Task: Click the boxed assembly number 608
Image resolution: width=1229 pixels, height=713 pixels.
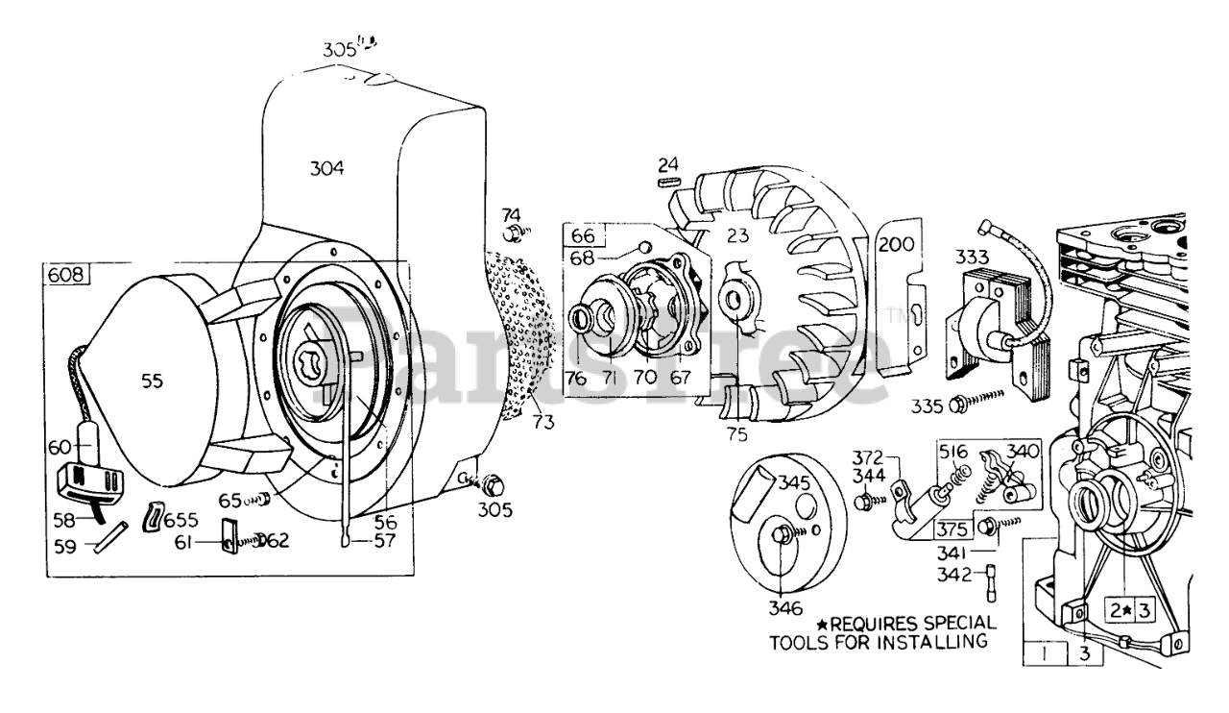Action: [x=66, y=274]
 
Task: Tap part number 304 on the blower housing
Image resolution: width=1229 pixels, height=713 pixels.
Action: [x=327, y=168]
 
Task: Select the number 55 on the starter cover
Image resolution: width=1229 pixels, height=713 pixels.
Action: [x=152, y=381]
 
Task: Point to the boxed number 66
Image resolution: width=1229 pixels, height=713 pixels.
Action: [x=583, y=235]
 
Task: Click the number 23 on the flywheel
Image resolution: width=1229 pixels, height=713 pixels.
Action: [x=738, y=235]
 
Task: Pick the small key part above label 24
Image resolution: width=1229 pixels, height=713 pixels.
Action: [x=669, y=182]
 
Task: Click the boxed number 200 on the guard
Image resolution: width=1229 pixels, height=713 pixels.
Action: [x=897, y=244]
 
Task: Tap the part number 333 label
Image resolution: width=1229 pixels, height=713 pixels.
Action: [x=973, y=257]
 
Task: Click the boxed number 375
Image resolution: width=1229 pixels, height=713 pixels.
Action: [x=952, y=529]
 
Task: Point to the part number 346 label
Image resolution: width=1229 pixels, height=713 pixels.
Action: [x=785, y=608]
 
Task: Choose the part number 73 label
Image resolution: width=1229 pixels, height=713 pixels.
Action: [x=543, y=422]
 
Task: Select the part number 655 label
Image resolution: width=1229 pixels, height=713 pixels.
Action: [x=181, y=520]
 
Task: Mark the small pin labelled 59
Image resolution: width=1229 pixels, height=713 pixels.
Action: [x=110, y=537]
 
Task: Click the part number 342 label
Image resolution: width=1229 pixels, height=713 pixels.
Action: [x=953, y=575]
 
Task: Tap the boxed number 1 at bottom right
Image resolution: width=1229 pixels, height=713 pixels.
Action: [x=1044, y=653]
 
